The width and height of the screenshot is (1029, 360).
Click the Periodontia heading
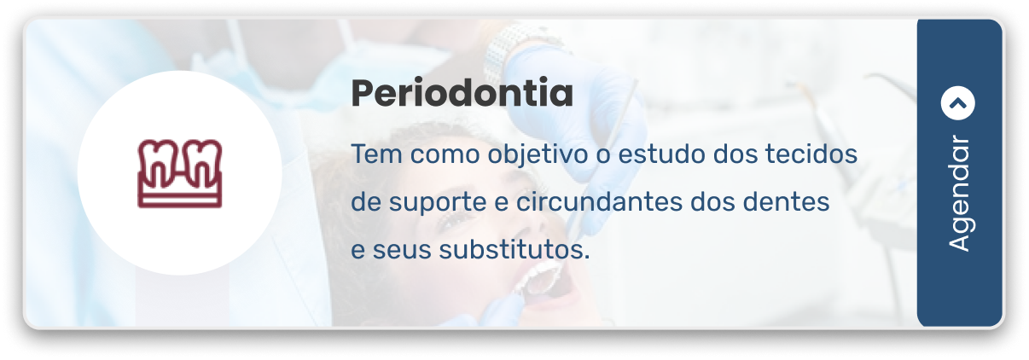click(462, 94)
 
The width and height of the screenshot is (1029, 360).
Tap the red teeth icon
click(179, 173)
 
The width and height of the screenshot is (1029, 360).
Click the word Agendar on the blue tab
click(959, 194)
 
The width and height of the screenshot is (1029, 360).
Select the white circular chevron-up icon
click(957, 104)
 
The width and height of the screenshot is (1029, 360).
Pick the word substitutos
click(514, 251)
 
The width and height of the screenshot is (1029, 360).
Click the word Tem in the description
click(369, 156)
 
